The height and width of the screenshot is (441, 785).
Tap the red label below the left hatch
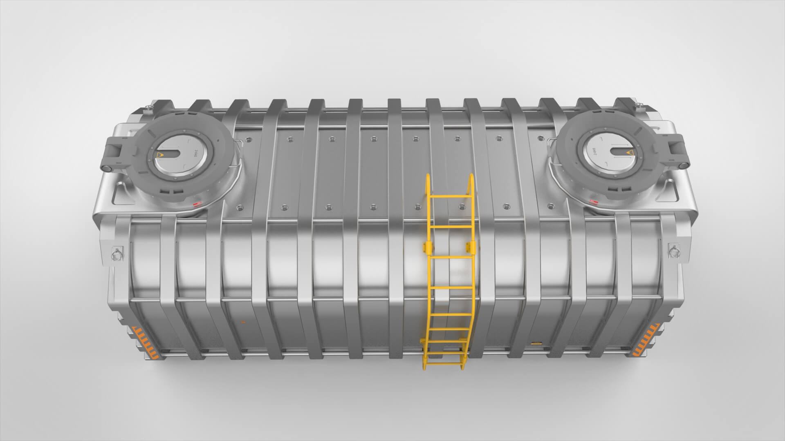click(x=197, y=204)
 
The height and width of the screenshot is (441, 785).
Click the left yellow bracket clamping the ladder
click(x=427, y=247)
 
